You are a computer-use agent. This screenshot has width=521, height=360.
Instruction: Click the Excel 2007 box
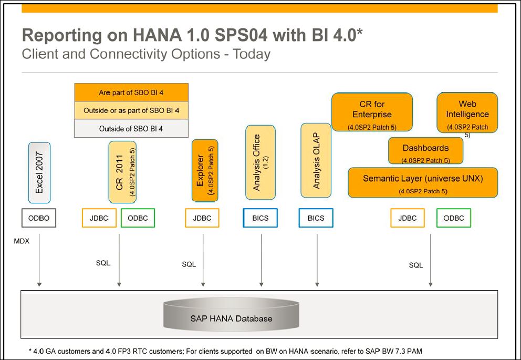(39, 172)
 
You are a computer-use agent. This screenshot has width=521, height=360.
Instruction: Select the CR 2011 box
(122, 172)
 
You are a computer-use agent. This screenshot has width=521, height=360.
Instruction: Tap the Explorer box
(205, 170)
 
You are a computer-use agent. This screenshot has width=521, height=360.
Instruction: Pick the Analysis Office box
(260, 162)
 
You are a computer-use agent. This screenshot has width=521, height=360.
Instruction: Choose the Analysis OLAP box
(316, 160)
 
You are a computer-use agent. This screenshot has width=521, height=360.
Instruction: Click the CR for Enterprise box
(372, 112)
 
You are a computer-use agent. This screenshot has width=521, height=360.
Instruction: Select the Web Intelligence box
(467, 112)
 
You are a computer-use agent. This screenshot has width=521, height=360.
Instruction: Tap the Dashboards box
(425, 151)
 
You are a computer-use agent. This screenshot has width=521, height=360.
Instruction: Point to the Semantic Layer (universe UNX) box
(423, 182)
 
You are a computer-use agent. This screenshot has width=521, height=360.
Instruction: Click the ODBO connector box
(39, 218)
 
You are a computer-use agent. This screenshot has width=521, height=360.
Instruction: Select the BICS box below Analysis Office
(260, 218)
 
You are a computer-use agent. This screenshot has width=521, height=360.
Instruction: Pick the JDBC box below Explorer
(202, 218)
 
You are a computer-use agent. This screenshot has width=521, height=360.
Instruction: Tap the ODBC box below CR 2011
(138, 218)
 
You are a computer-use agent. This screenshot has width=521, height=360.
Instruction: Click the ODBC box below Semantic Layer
(454, 218)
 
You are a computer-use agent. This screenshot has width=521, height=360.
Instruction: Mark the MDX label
(22, 241)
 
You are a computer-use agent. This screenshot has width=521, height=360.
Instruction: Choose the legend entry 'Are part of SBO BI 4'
(131, 92)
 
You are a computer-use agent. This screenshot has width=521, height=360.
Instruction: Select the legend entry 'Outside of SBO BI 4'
(131, 129)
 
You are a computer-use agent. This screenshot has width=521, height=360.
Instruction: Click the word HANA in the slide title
(154, 35)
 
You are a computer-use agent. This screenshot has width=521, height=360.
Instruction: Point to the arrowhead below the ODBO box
(39, 284)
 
